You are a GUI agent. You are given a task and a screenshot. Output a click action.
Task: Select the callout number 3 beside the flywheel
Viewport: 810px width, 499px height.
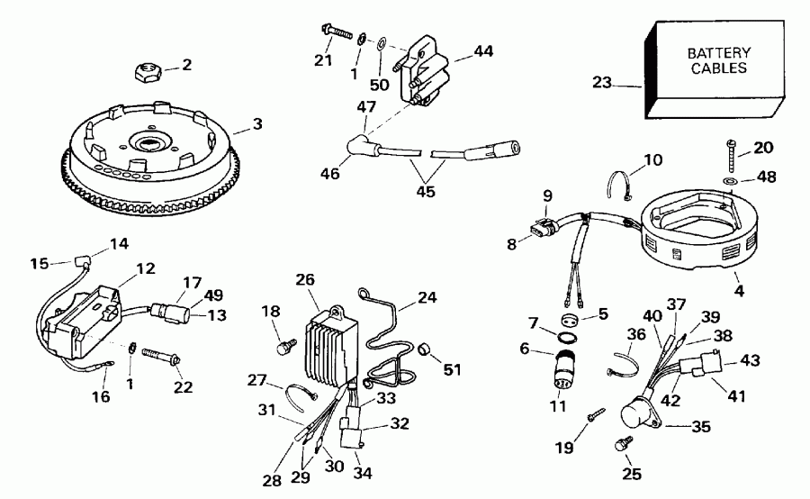point(257,123)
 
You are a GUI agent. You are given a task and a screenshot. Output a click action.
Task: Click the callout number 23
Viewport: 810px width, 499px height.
point(601,84)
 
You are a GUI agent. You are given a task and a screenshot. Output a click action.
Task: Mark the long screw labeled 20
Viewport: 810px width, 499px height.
point(730,157)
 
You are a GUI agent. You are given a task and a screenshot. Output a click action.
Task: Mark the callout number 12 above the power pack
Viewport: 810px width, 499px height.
point(145,268)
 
